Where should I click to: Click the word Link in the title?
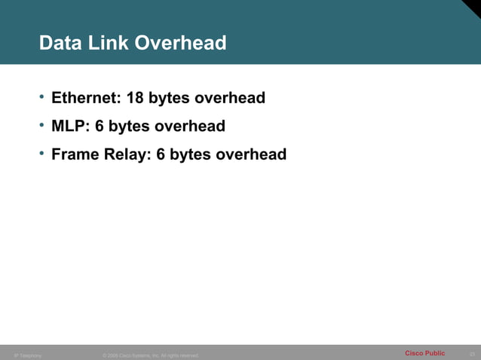coord(109,44)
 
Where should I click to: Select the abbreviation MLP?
coord(69,126)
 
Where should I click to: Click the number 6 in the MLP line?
coord(100,126)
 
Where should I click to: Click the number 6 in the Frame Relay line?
coord(161,154)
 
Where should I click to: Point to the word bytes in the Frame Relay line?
coord(191,155)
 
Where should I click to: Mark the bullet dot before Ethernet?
coord(43,97)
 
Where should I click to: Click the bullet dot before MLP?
coord(43,125)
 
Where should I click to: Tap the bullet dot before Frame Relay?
coord(43,154)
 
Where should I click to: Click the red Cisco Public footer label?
coord(424,353)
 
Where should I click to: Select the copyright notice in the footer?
coord(150,355)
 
